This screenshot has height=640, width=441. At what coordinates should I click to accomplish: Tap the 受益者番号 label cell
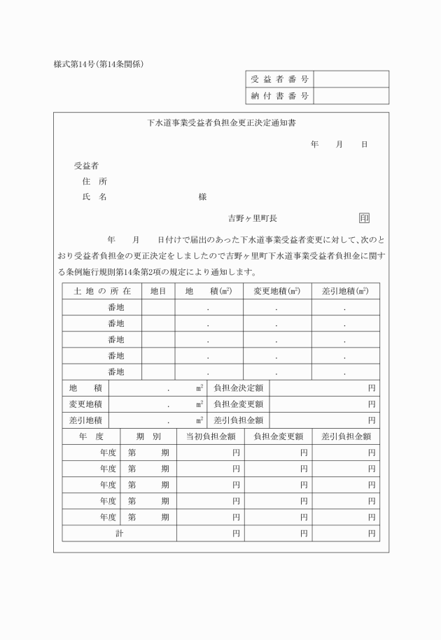click(x=280, y=79)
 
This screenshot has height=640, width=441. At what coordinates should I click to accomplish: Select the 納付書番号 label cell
click(x=280, y=96)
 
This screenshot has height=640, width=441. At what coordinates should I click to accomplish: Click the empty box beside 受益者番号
click(x=351, y=79)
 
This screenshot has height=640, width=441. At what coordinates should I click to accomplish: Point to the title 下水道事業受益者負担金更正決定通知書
click(x=220, y=123)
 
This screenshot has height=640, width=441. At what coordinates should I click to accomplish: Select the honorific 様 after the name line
click(x=202, y=197)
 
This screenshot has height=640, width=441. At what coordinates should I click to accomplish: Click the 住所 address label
click(x=94, y=181)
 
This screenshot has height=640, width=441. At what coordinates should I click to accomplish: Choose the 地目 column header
click(x=158, y=291)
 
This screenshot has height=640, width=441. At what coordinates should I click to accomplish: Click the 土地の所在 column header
click(x=102, y=291)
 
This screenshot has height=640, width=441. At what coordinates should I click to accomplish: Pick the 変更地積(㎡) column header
click(x=276, y=291)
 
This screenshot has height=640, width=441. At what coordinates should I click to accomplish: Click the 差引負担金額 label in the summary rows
click(x=238, y=420)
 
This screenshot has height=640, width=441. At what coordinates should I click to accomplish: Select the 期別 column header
click(x=148, y=436)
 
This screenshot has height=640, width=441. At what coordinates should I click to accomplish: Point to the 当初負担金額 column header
click(x=210, y=436)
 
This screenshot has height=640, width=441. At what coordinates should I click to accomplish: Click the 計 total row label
click(x=119, y=534)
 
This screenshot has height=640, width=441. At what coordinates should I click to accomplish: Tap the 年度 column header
click(x=91, y=436)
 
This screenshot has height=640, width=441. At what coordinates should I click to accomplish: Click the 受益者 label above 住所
click(x=86, y=166)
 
